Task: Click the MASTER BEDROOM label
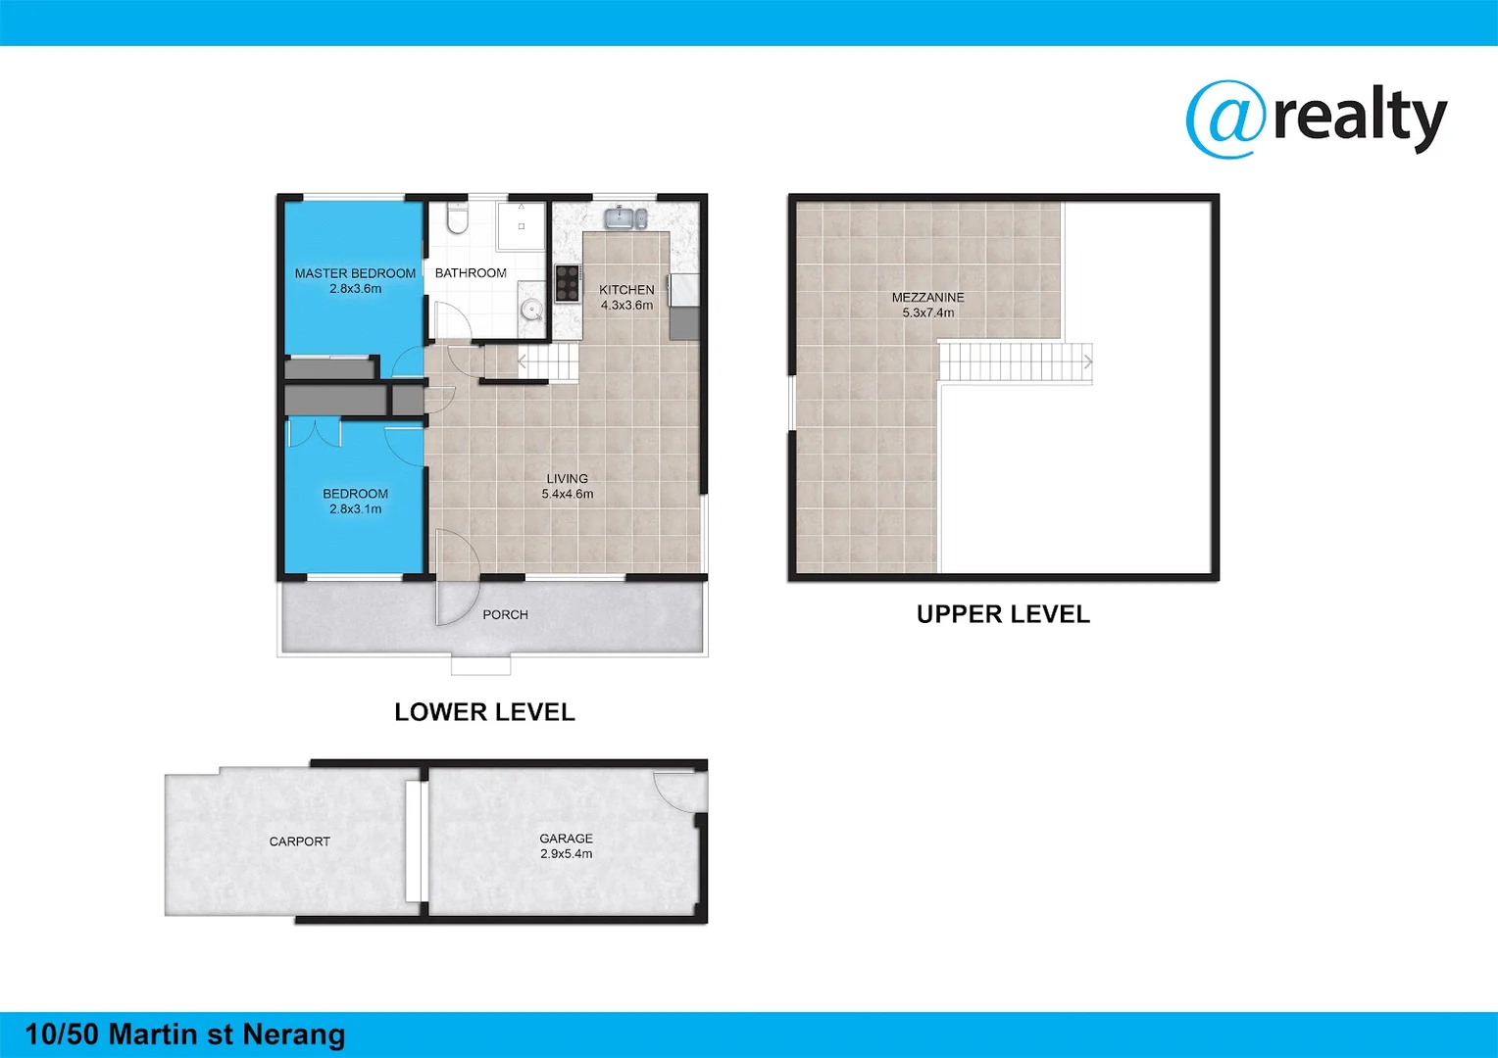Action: point(355,273)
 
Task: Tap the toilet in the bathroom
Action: point(457,218)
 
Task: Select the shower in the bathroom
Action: point(521,226)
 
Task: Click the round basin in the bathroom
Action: point(531,310)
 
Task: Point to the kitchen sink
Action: point(624,217)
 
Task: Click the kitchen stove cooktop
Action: point(568,282)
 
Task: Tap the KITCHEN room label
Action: point(626,290)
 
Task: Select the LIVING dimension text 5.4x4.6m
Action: point(568,494)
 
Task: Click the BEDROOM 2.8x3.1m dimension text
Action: point(355,509)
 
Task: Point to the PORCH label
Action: point(505,614)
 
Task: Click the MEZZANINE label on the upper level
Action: point(927,298)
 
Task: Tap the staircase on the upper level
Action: point(1015,361)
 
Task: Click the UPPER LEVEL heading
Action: point(1003,614)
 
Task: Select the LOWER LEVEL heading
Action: point(484,712)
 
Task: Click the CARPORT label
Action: point(300,842)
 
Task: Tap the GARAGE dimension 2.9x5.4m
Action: point(566,854)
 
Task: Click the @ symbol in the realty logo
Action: point(1225,119)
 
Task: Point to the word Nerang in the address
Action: point(294,1034)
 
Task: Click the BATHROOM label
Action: point(471,273)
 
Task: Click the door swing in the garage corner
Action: point(676,789)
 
